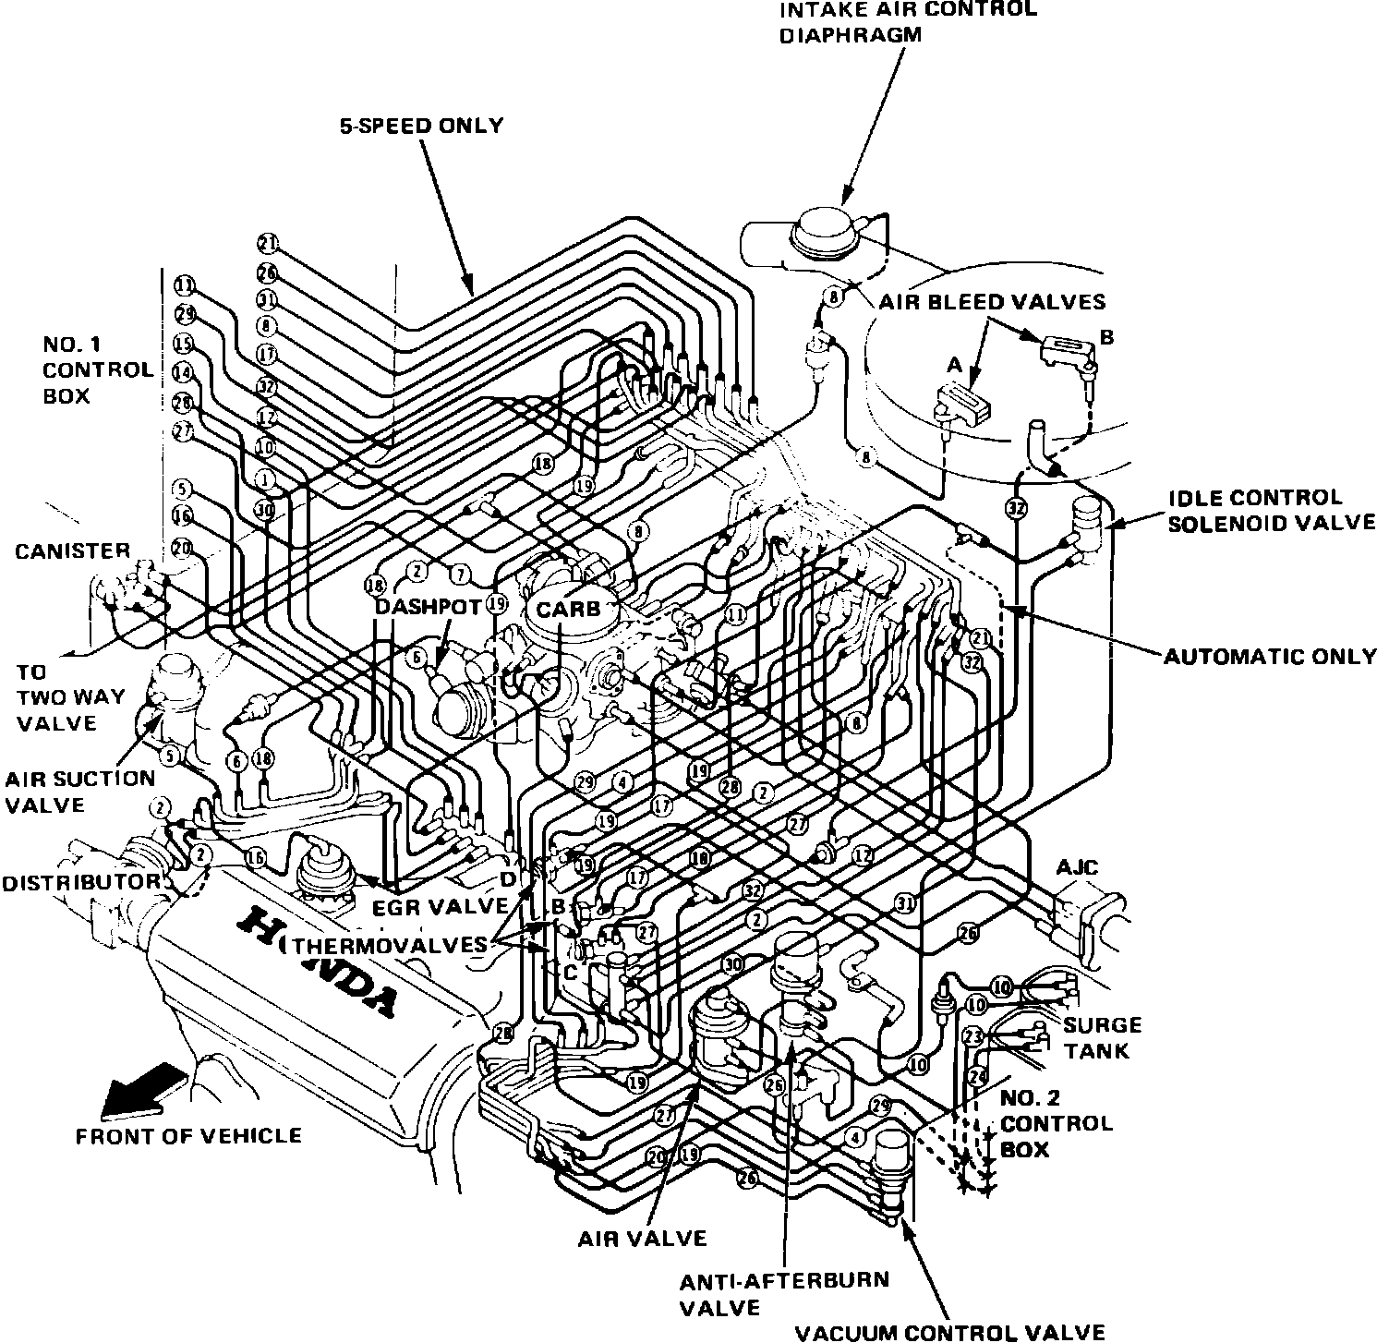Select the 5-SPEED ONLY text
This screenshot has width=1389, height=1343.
pos(420,126)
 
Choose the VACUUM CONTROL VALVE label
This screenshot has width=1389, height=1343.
pos(950,1332)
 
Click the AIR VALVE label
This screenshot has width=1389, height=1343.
pos(642,1239)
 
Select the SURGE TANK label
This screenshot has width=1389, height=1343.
pos(1102,1038)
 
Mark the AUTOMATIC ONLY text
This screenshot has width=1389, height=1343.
pos(1270,656)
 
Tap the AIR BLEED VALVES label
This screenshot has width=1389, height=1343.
pos(991,302)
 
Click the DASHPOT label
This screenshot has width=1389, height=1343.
pos(428,608)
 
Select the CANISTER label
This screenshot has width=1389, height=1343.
pos(72,551)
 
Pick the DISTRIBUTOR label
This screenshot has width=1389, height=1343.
pos(80,882)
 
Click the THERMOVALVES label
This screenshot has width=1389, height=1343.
pos(389,945)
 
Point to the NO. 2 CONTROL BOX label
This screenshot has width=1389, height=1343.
pos(1057,1123)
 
